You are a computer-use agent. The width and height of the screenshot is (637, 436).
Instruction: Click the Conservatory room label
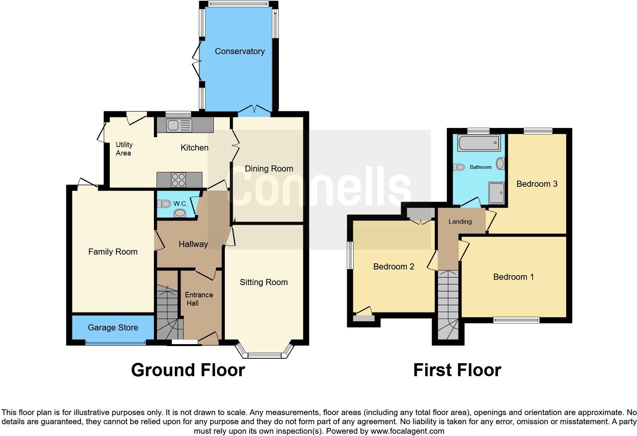click(x=240, y=51)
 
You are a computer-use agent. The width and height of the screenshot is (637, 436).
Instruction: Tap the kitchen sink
click(x=179, y=125)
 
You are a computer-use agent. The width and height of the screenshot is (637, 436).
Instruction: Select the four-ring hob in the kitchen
click(x=179, y=180)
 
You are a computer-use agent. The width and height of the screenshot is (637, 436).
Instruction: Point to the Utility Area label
click(x=124, y=149)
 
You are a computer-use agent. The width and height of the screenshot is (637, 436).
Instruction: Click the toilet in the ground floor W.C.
click(x=165, y=204)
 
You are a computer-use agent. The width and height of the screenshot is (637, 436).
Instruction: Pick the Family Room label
click(x=113, y=252)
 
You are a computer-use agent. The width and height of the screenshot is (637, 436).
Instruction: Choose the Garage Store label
click(x=113, y=327)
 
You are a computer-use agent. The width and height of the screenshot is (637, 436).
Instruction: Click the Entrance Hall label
click(x=198, y=299)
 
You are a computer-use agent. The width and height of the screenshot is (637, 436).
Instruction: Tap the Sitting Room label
click(x=264, y=282)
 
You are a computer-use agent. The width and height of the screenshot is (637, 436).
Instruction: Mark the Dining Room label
click(x=269, y=168)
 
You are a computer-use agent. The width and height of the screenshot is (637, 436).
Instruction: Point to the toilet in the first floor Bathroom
click(x=459, y=167)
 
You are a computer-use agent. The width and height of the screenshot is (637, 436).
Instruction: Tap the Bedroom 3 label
click(x=537, y=184)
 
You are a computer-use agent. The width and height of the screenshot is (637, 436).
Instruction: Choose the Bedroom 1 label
click(x=513, y=277)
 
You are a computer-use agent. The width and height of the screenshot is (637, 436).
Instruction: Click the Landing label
click(x=460, y=221)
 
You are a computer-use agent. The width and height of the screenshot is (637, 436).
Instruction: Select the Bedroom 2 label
click(x=394, y=266)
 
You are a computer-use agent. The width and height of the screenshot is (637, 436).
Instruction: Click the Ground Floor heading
click(x=188, y=370)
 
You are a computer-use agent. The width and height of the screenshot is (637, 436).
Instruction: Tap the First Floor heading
click(x=457, y=370)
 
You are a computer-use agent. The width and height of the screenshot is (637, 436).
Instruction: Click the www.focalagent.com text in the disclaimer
click(x=407, y=431)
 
